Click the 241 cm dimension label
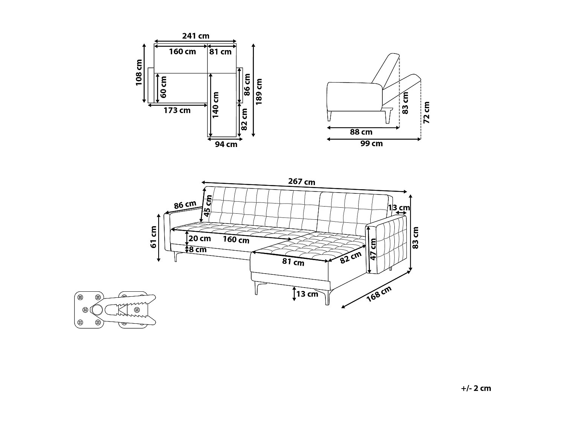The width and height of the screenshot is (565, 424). tap(195, 36)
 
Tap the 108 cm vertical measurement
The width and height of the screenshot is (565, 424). tap(139, 73)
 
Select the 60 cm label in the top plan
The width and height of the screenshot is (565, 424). tap(163, 87)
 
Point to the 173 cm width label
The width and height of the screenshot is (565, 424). tap(177, 110)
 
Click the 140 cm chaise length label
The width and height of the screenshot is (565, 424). tap(215, 106)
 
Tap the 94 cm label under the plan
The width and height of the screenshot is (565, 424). tap(226, 144)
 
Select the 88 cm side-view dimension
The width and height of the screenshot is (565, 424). tap(361, 132)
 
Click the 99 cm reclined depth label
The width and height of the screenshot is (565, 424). tap(371, 144)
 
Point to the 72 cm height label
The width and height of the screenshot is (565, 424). tap(427, 112)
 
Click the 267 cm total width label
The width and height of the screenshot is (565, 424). tap(301, 182)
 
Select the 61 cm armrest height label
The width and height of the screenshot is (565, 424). tap(153, 237)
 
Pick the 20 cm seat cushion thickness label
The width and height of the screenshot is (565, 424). tap(200, 238)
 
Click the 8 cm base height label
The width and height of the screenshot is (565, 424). tap(198, 249)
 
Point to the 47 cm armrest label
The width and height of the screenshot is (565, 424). tap(373, 249)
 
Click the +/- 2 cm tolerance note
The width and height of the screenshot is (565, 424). tap(476, 388)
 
